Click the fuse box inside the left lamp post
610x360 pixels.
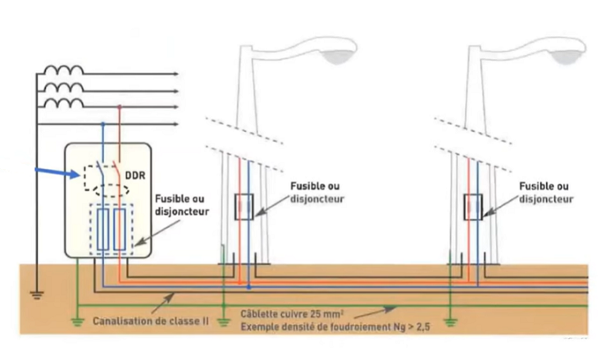tap(243, 207)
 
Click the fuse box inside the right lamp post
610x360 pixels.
tap(471, 207)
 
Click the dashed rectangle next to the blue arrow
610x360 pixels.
tap(96, 175)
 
